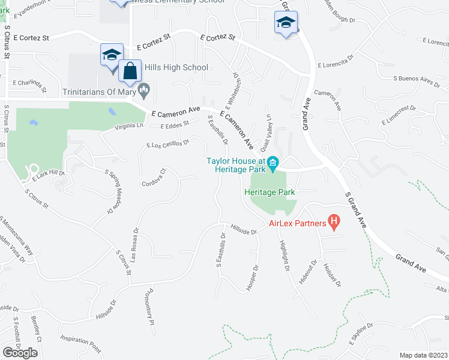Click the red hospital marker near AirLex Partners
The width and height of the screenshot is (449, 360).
[x=335, y=223]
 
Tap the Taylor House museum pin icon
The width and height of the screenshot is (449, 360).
[x=273, y=163]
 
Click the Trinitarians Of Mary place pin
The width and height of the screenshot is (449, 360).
[x=143, y=91]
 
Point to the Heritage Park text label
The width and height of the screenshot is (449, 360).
[x=270, y=193]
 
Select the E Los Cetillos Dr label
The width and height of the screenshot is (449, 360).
[x=168, y=143]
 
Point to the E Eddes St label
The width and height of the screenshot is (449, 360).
[x=175, y=124]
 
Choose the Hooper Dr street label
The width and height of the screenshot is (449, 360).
[x=252, y=278]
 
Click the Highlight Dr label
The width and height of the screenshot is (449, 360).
[x=285, y=255]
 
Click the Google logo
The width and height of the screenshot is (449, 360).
[x=20, y=352]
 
